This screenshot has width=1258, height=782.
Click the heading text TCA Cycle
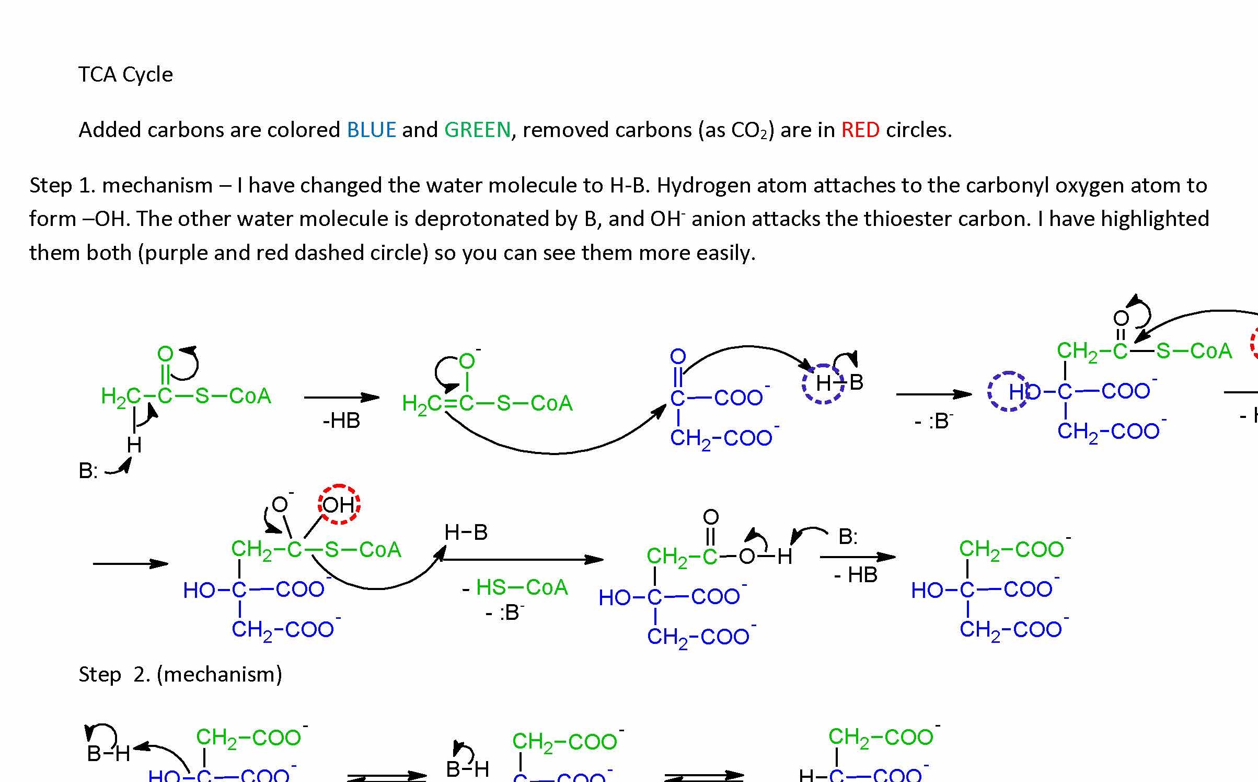[x=125, y=75]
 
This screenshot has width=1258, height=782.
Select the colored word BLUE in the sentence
[x=371, y=130]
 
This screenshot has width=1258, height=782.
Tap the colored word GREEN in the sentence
[x=477, y=130]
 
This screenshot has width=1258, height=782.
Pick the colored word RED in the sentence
[x=860, y=130]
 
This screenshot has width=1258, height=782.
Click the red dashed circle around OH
[x=339, y=504]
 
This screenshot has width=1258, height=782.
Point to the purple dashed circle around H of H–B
[x=823, y=383]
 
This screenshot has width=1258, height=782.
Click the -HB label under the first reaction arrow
[x=341, y=421]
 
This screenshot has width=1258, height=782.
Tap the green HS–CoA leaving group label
[x=522, y=587]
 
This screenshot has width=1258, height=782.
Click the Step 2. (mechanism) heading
[x=180, y=674]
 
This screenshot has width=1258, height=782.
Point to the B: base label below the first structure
[x=88, y=471]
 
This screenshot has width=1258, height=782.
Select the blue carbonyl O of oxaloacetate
[x=678, y=357]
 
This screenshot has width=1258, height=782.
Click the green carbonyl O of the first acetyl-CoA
[x=165, y=354]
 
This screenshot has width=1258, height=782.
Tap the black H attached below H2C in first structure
[x=134, y=445]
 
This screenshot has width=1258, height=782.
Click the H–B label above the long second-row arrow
[x=466, y=532]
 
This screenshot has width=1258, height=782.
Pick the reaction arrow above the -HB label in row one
[x=341, y=398]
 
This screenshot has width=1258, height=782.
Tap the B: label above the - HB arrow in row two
[x=848, y=537]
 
